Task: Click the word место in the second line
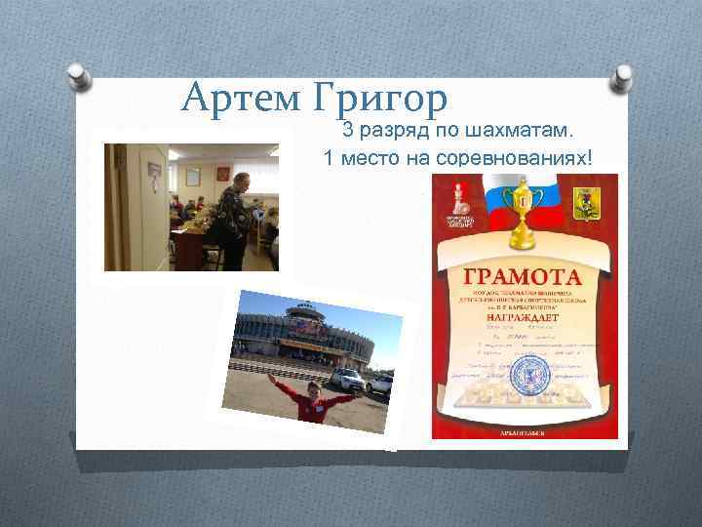[x=369, y=158]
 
